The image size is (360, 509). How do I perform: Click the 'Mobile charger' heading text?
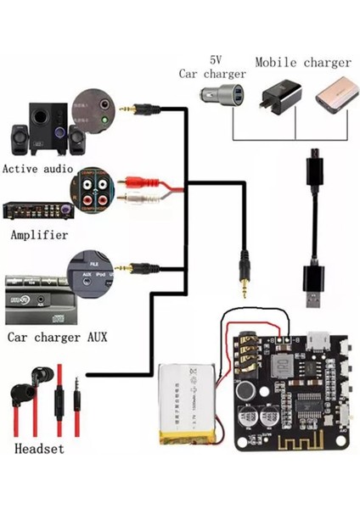click(302, 62)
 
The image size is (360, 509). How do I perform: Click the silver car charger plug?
click(224, 92)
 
